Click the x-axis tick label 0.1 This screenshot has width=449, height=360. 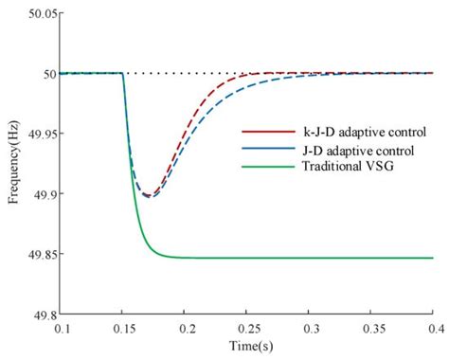click(63, 328)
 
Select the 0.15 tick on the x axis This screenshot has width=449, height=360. click(123, 328)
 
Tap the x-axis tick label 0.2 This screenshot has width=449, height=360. click(186, 328)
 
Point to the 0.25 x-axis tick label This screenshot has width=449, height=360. click(247, 328)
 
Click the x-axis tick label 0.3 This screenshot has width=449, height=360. click(310, 328)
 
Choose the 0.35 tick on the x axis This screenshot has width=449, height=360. click(370, 328)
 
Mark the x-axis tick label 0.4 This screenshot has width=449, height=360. click(432, 328)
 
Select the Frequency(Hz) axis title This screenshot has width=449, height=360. click(13, 163)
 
